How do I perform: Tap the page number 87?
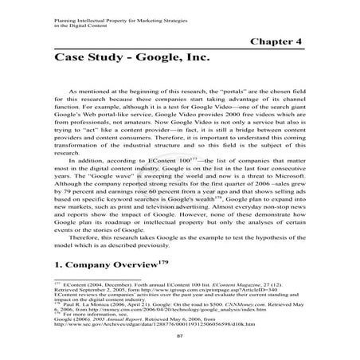180,337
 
